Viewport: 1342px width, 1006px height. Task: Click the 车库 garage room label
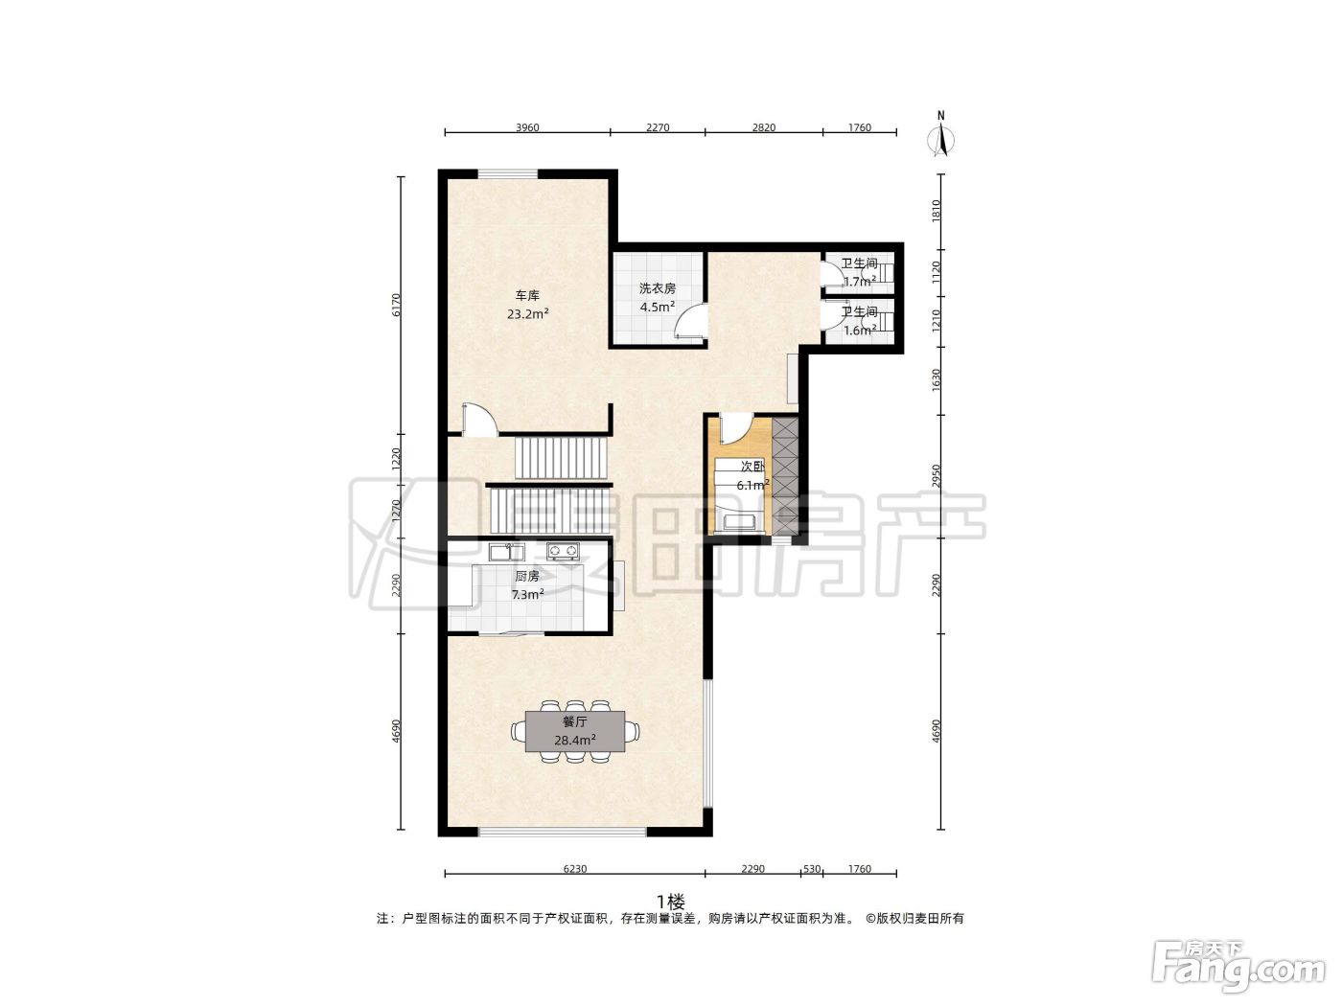(x=527, y=296)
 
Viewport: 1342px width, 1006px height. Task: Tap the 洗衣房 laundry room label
(x=658, y=288)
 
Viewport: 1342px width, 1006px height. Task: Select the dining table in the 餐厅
(x=575, y=731)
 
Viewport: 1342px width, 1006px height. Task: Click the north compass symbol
(x=941, y=135)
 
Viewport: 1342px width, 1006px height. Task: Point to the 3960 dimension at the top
(x=527, y=127)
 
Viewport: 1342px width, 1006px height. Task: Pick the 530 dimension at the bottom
(x=811, y=869)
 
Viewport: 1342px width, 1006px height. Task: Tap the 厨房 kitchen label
(x=527, y=576)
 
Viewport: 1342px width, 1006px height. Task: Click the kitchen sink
(x=506, y=552)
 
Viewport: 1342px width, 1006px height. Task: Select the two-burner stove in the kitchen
(x=563, y=551)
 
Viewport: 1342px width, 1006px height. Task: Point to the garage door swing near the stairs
(x=479, y=420)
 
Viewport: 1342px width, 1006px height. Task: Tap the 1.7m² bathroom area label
(x=860, y=283)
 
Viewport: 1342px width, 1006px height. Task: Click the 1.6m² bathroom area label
(x=860, y=332)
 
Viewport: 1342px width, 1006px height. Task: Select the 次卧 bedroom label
(x=752, y=467)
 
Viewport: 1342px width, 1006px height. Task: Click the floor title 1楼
(x=671, y=901)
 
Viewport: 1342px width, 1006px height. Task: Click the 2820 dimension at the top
(x=764, y=127)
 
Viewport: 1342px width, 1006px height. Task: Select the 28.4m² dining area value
(x=575, y=741)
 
